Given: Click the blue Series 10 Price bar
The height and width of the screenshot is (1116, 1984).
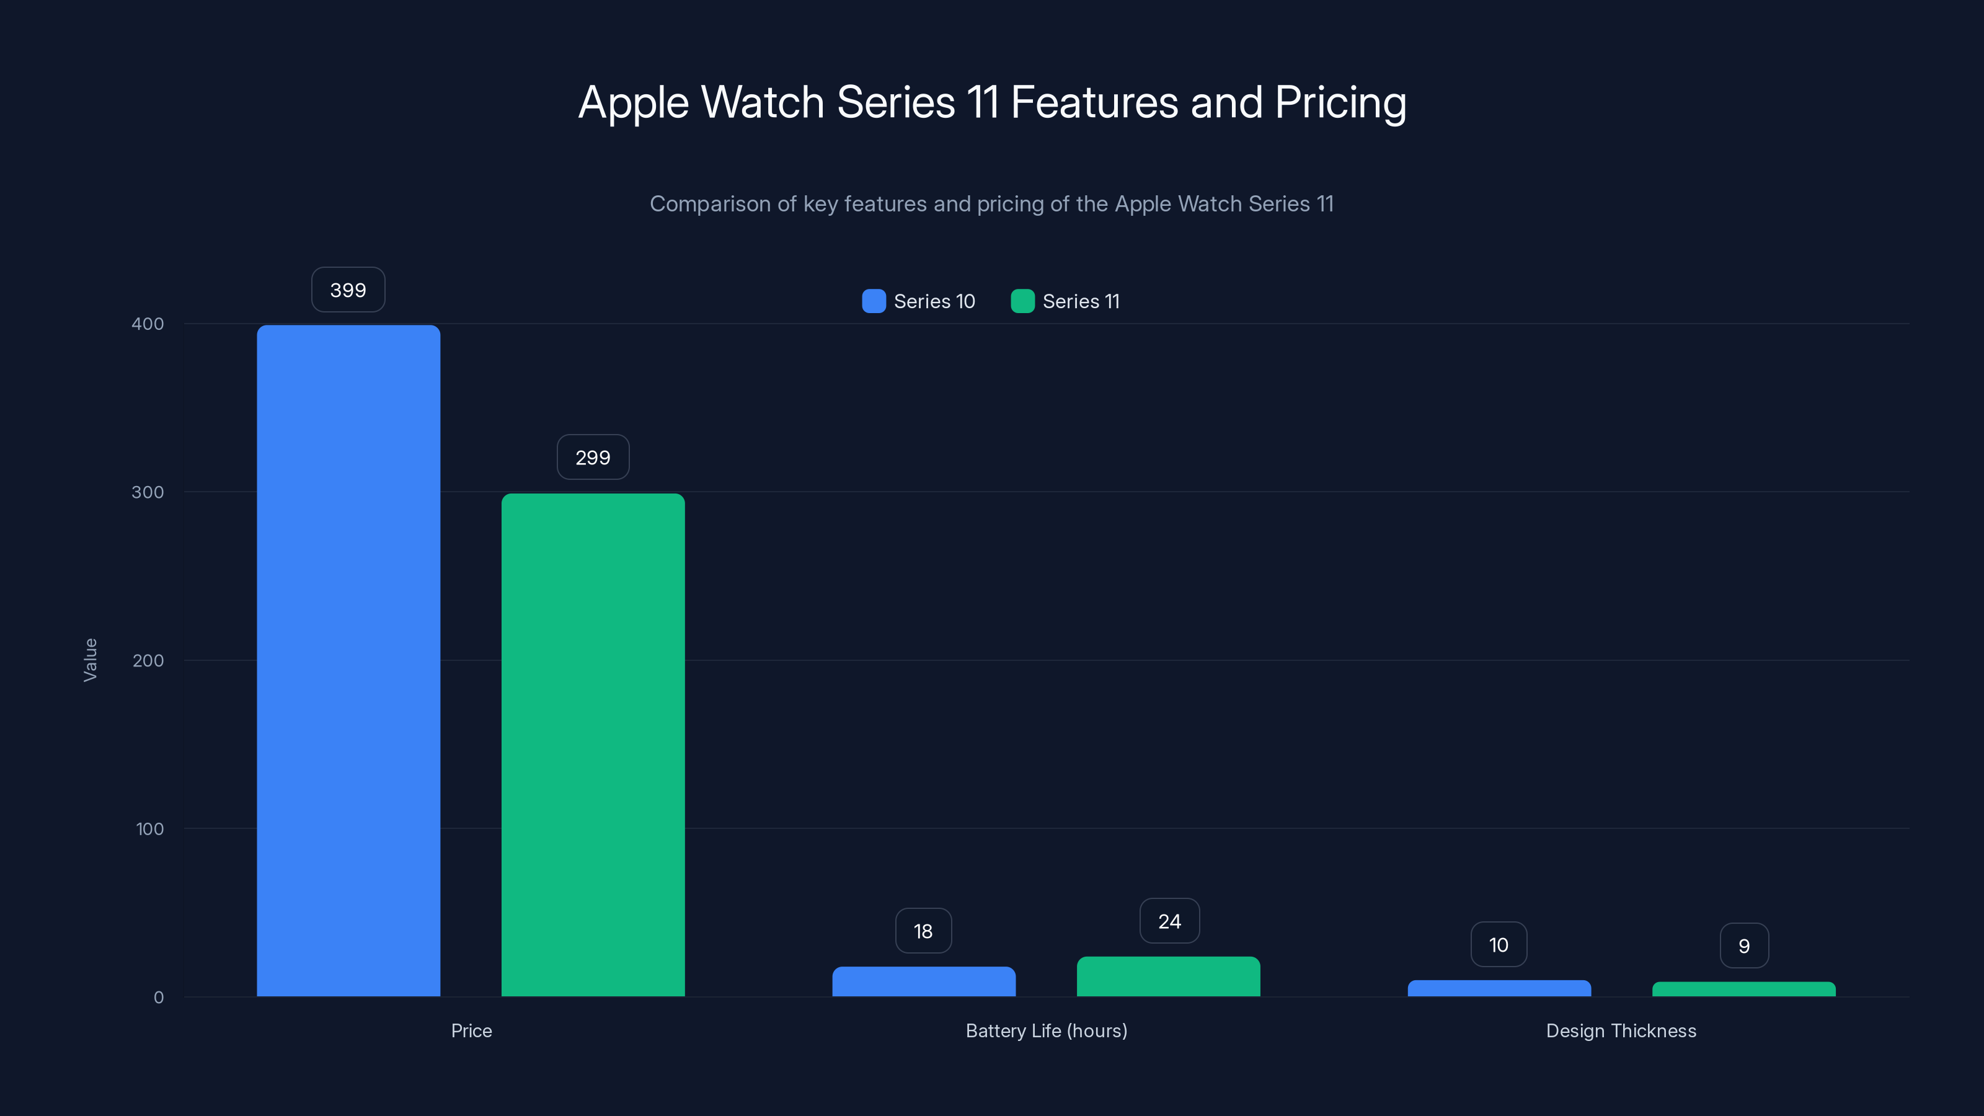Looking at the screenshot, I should (x=348, y=661).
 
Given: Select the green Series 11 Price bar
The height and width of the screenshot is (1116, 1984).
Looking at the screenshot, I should (x=593, y=745).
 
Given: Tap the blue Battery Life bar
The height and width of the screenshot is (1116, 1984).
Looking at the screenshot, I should (x=923, y=981).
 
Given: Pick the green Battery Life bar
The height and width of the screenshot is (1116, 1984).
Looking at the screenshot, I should (x=1168, y=976).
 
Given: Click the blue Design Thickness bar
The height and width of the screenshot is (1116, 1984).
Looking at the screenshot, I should (x=1499, y=988).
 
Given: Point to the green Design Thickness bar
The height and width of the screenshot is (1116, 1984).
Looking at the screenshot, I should (x=1743, y=989).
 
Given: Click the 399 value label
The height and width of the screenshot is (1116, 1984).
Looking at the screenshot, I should (x=348, y=290).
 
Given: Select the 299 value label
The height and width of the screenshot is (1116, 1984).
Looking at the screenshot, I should (x=593, y=458).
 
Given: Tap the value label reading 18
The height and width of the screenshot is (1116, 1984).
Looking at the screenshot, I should (x=923, y=931).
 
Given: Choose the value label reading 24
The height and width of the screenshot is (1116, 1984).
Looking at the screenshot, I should (x=1169, y=921).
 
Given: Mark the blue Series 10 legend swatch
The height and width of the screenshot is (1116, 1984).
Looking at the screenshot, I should (x=874, y=301).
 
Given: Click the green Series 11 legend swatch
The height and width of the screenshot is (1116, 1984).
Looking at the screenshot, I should (x=1022, y=301).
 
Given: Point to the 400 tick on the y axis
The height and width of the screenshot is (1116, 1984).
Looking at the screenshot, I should (x=148, y=324).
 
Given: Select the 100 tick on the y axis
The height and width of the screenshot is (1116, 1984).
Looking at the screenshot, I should (x=149, y=829).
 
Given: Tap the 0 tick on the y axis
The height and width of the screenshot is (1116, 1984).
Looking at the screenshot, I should (x=159, y=998).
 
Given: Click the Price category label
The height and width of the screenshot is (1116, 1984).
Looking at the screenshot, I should (x=471, y=1030).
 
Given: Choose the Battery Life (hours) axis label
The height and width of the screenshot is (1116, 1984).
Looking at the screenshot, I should (x=1046, y=1030).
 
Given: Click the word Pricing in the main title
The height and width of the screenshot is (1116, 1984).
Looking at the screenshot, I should (x=1340, y=102).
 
